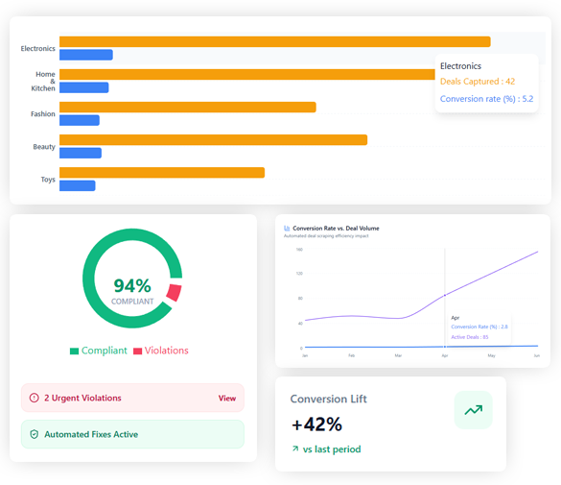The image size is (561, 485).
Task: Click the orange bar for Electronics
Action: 274,41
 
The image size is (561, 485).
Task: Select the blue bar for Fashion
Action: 80,120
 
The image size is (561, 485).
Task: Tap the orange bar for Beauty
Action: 213,140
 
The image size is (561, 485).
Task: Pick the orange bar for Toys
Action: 162,173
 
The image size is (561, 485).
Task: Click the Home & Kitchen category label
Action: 45,81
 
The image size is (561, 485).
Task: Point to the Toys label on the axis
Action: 47,179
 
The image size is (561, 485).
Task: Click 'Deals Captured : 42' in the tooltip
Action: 478,82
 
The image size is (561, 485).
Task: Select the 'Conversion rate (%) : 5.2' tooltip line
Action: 486,99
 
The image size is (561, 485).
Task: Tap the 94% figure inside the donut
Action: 132,285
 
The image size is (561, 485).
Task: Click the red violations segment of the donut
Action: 174,293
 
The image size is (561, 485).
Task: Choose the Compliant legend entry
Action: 98,351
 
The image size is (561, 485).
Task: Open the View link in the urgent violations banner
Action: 226,398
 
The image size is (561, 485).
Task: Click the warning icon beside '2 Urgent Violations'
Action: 35,398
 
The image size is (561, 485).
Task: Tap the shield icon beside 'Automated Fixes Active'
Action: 35,434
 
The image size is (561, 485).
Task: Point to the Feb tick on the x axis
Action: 351,355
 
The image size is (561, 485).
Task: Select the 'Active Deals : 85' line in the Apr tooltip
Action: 470,337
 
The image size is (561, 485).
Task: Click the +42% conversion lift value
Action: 316,424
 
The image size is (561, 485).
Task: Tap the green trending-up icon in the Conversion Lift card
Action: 473,410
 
